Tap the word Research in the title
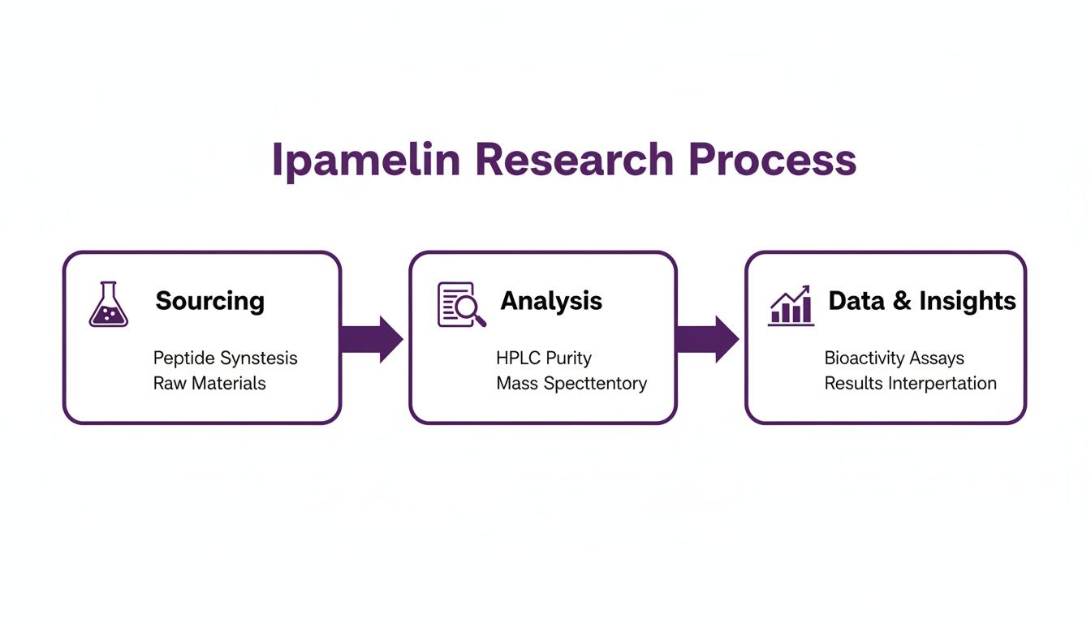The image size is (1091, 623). click(574, 160)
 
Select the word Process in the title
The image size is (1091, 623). click(772, 160)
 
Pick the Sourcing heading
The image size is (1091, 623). click(209, 301)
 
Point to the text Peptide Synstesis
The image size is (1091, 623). click(225, 358)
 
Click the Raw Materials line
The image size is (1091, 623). click(209, 383)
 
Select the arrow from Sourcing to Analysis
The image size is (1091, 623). click(371, 338)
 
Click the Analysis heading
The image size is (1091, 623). click(551, 301)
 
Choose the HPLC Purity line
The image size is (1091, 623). click(543, 358)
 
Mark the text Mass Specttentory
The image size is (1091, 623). click(571, 383)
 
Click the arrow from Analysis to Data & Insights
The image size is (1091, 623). click(707, 338)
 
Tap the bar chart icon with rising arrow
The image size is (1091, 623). click(791, 305)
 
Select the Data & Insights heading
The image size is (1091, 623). click(921, 301)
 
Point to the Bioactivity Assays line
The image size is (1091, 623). click(894, 358)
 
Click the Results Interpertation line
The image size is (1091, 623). click(910, 383)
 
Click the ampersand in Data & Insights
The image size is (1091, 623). click(902, 301)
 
